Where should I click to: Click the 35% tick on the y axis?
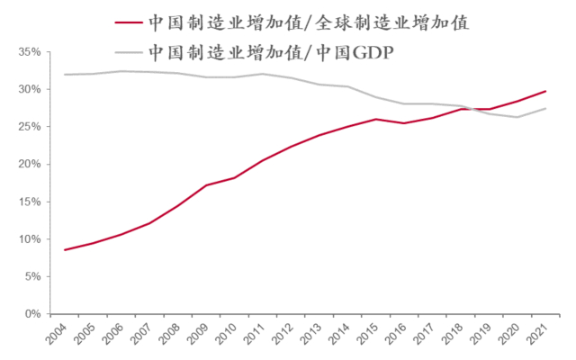[x=28, y=52]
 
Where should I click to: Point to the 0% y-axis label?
[x=31, y=314]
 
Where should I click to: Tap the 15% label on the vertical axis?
[x=28, y=202]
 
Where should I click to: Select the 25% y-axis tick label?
[x=28, y=127]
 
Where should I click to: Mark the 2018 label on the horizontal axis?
[x=461, y=338]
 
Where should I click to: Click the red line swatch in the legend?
[x=128, y=22]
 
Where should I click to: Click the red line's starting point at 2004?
[x=65, y=249]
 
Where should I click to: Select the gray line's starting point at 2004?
[x=65, y=75]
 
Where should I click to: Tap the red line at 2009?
[x=206, y=185]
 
